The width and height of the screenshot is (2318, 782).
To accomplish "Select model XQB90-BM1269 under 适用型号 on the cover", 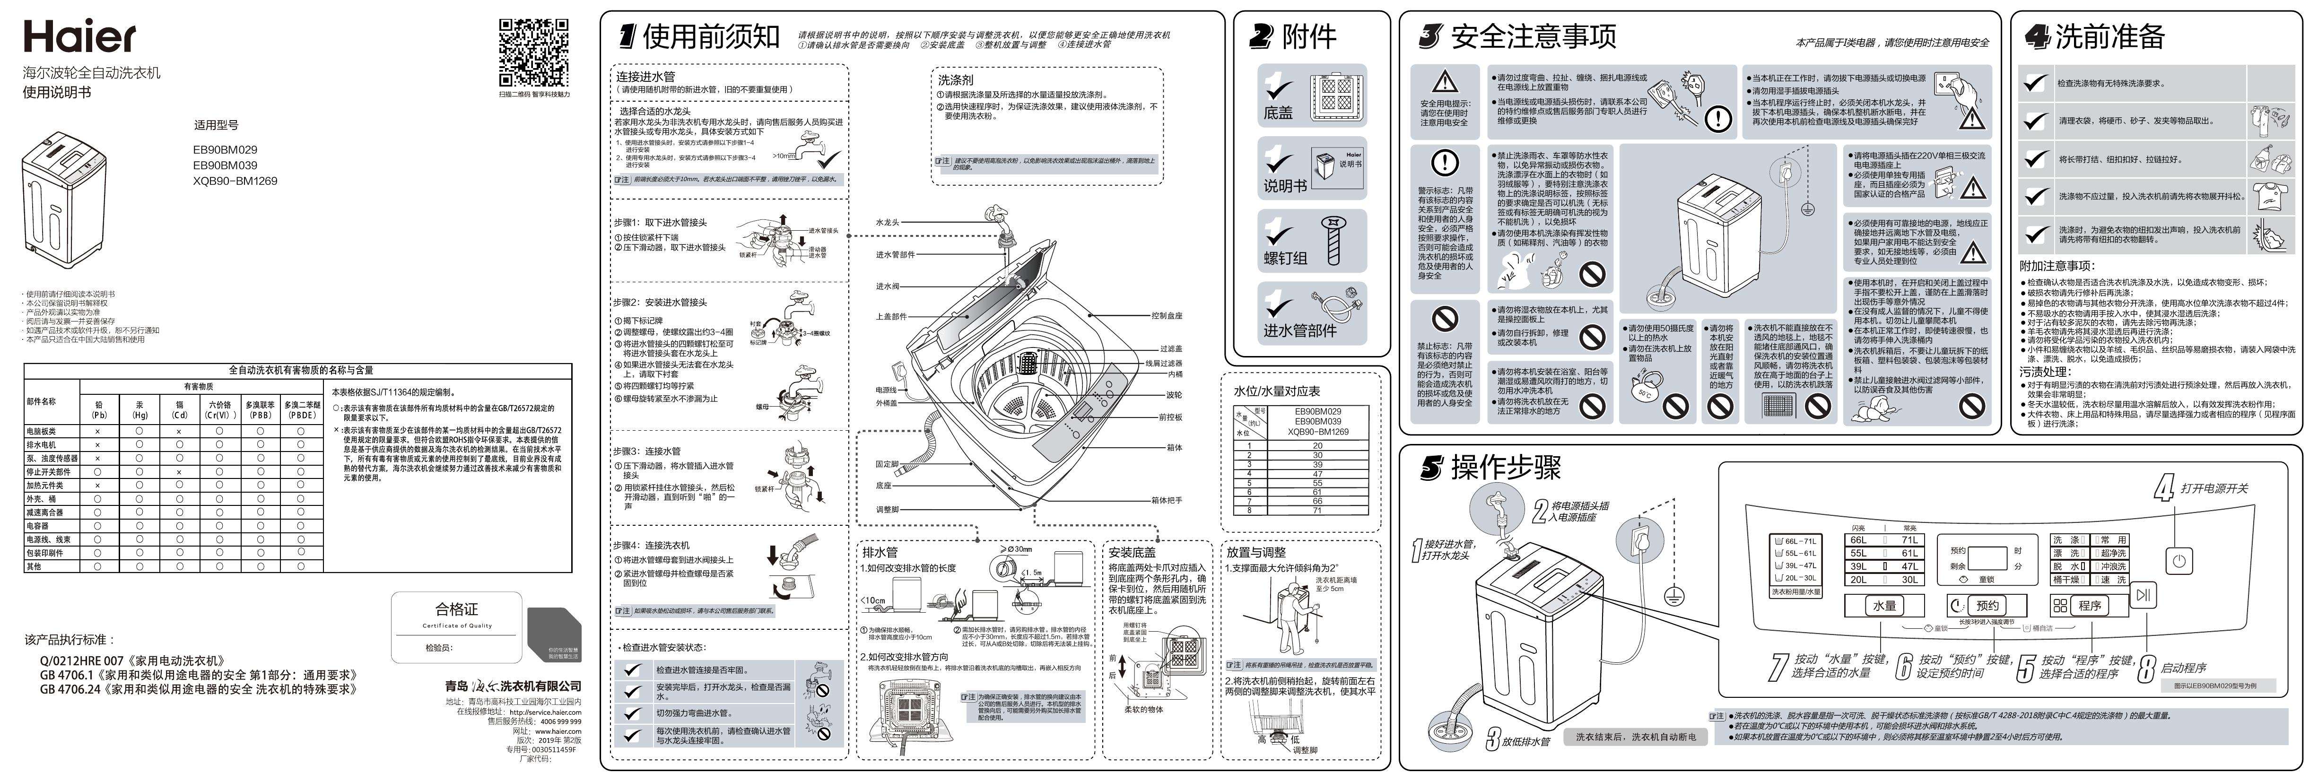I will (x=235, y=181).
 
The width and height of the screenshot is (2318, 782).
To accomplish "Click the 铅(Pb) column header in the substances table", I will (x=99, y=410).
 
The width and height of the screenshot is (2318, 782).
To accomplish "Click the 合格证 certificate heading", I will (x=457, y=609).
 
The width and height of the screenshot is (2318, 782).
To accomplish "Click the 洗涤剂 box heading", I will (x=956, y=80).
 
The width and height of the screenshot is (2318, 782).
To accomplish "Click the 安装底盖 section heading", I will (x=1132, y=553).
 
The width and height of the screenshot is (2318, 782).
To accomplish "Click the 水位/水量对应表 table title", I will (x=1276, y=391).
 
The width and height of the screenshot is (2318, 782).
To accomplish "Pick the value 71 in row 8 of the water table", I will (x=1317, y=510).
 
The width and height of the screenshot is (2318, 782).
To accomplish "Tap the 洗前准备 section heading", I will (x=2109, y=37).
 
